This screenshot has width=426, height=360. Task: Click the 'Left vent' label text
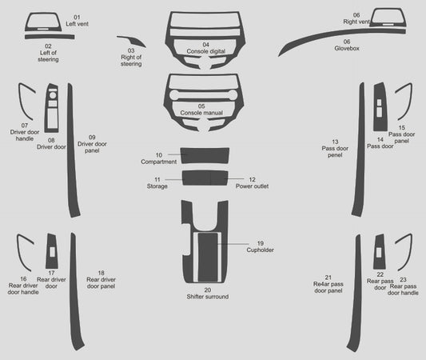coord(78,24)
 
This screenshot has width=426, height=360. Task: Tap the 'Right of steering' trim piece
coord(133,41)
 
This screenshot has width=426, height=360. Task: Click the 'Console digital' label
coord(206,51)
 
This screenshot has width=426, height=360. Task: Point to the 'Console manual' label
coord(201,113)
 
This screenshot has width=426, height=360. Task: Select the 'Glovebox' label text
coord(347,48)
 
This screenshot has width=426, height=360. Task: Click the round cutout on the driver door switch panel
coord(53,95)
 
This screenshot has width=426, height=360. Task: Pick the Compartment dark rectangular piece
coord(205,155)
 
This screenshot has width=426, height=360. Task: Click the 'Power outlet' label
coord(252,186)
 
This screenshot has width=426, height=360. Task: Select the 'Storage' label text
coord(157,186)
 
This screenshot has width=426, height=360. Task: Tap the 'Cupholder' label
coord(261,250)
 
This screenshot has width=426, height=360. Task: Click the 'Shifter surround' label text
coord(208,297)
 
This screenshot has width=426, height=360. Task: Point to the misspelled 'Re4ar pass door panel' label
coord(328,287)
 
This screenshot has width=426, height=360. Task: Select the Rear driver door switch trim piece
coord(52,250)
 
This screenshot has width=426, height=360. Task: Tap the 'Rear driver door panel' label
coord(101,282)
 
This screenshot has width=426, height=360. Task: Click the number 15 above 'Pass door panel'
coord(401,127)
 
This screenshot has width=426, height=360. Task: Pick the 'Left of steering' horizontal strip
coord(50,37)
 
